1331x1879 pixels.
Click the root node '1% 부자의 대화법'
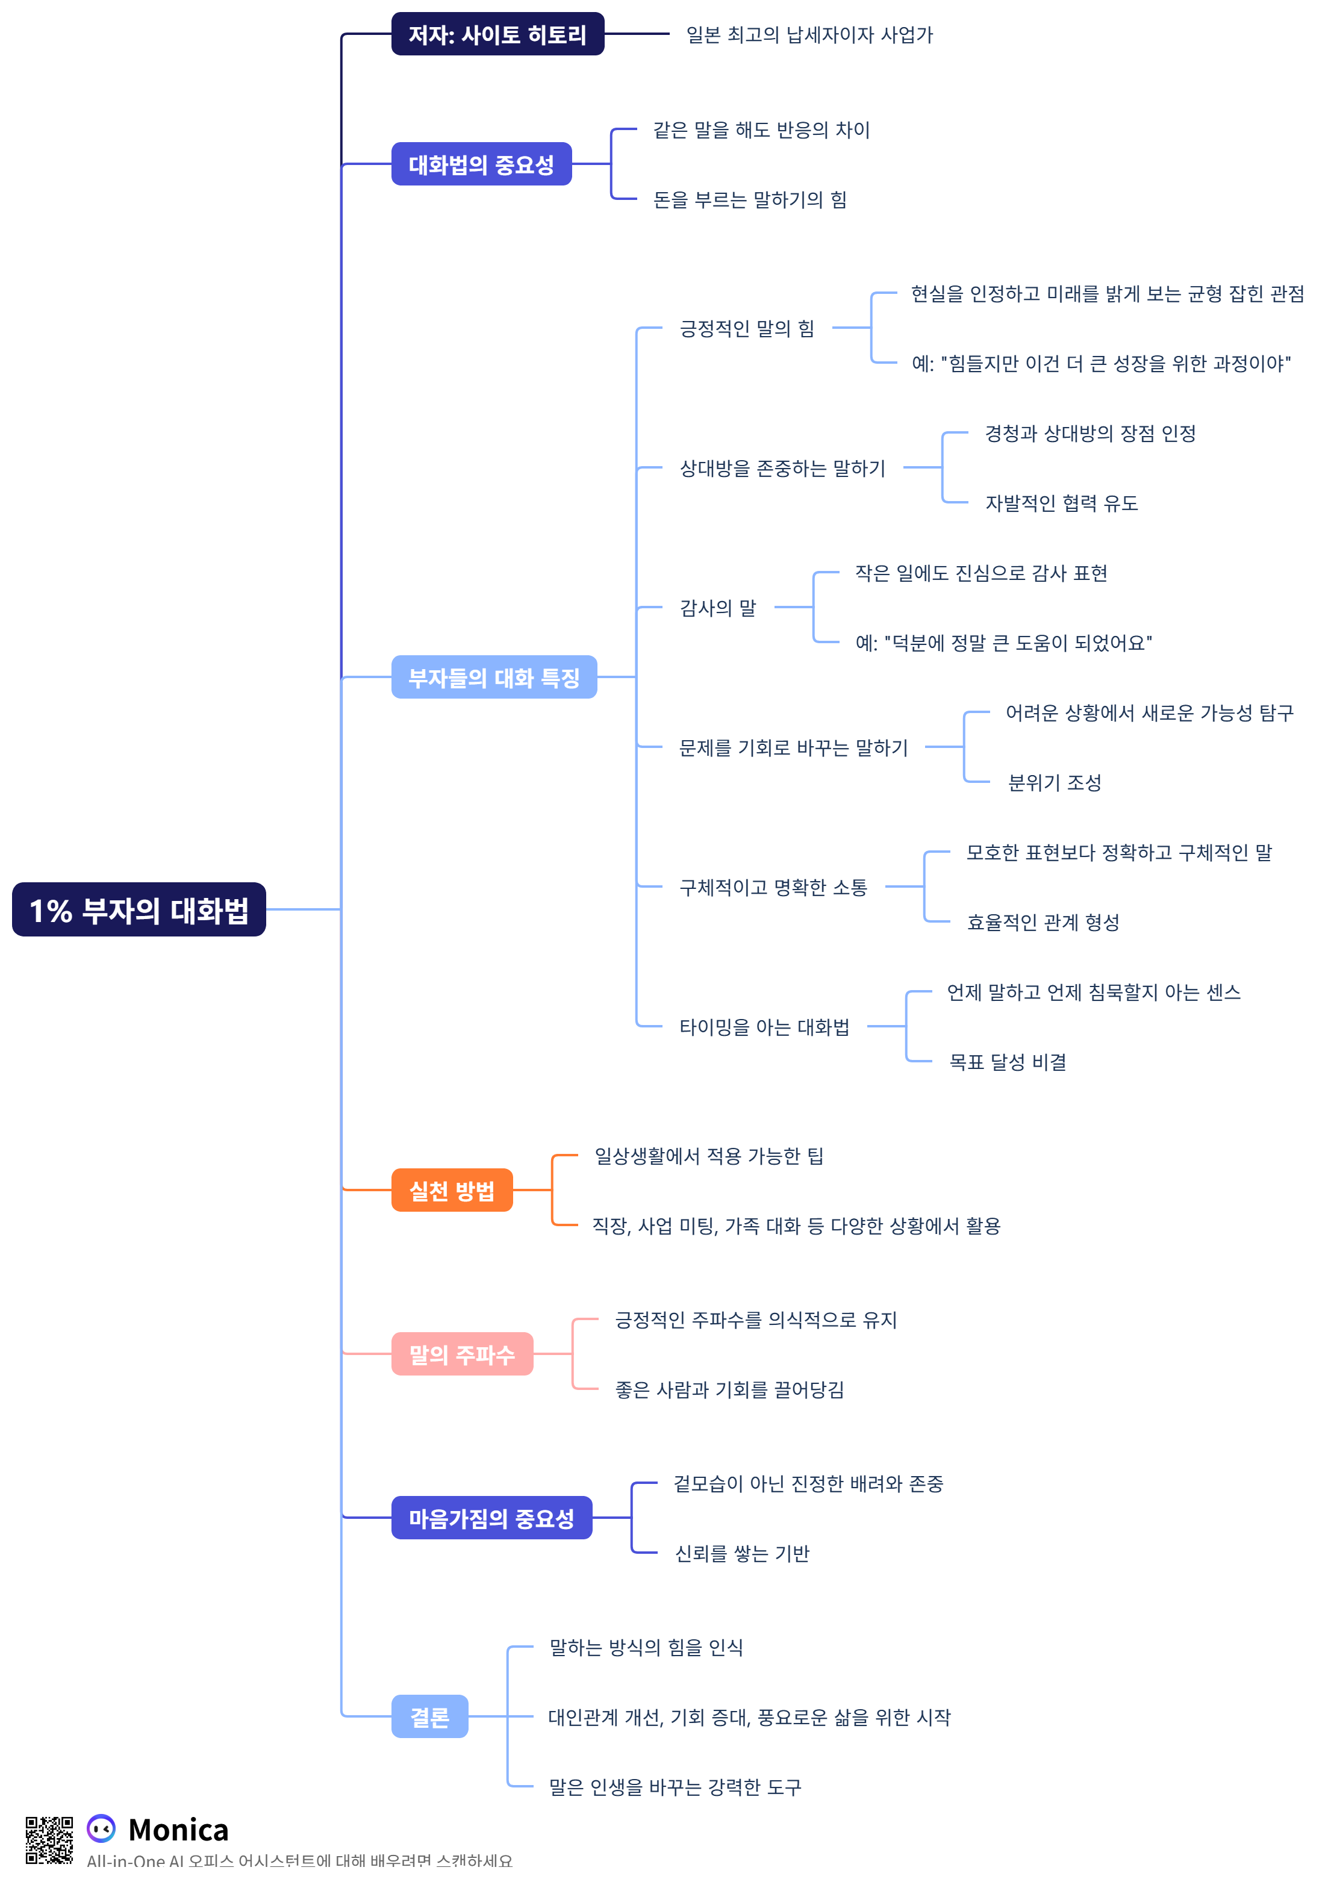tap(139, 909)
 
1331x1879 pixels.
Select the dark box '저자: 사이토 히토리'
tap(497, 34)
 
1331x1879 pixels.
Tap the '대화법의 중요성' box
tap(481, 164)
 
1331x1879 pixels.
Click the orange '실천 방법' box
tap(452, 1190)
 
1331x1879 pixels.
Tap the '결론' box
tap(429, 1716)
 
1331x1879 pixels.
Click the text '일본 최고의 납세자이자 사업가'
tap(809, 34)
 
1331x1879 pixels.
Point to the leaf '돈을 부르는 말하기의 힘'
tap(749, 199)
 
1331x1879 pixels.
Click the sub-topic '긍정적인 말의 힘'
tap(747, 328)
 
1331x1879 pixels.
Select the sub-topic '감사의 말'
tap(717, 607)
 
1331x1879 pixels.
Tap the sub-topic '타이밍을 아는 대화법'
tap(764, 1026)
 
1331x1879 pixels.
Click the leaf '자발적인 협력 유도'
tap(1061, 502)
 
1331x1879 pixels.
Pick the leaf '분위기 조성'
tap(1054, 782)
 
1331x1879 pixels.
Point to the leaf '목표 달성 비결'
tap(1007, 1061)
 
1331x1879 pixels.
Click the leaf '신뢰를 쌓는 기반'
tap(742, 1552)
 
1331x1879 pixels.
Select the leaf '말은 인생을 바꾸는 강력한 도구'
tap(675, 1786)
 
